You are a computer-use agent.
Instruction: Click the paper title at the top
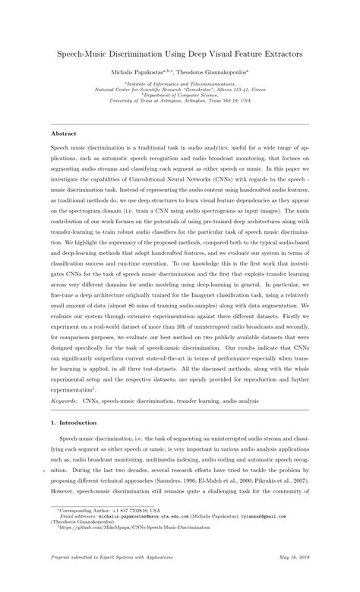pyautogui.click(x=180, y=55)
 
